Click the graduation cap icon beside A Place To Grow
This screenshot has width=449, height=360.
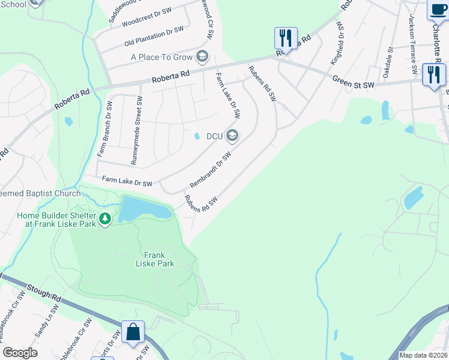pos(202,57)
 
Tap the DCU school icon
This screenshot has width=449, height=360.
pos(232,136)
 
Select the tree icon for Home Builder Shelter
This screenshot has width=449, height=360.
pos(105,219)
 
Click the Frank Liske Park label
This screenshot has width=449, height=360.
pos(155,259)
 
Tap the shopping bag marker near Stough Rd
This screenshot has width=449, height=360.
pos(133,332)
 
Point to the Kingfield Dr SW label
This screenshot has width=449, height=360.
pos(336,43)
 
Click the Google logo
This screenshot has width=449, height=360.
pos(20,353)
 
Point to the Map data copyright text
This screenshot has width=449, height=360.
pos(423,355)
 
